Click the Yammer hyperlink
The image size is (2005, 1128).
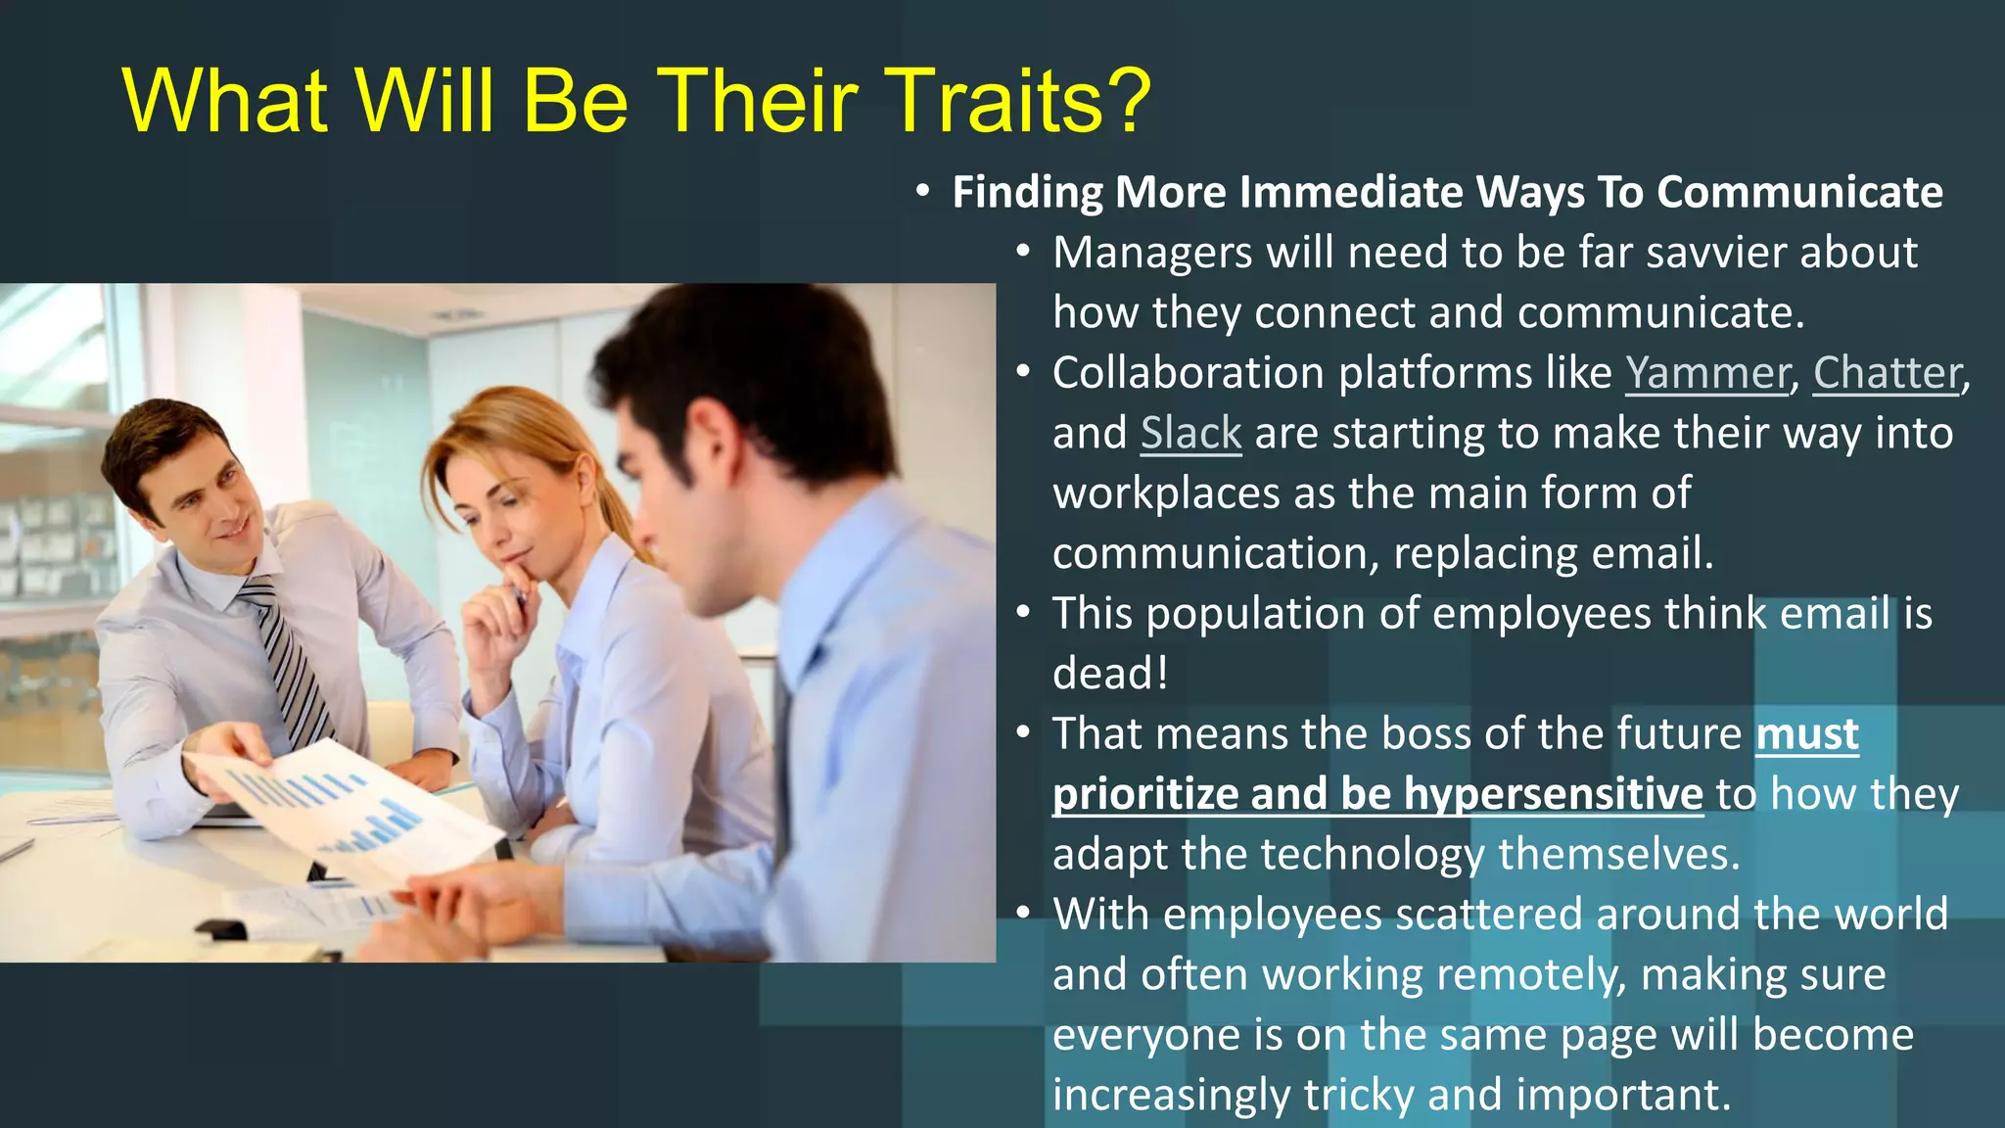[x=1706, y=373]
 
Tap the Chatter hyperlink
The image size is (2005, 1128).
[x=1887, y=373]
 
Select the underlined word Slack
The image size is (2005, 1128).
[x=1190, y=433]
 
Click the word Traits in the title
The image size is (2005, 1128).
[x=999, y=101]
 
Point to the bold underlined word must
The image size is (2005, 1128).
[x=1806, y=733]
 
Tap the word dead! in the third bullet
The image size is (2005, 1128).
[x=1110, y=674]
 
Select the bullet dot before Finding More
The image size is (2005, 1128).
[x=922, y=191]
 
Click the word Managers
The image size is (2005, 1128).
[x=1152, y=253]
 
